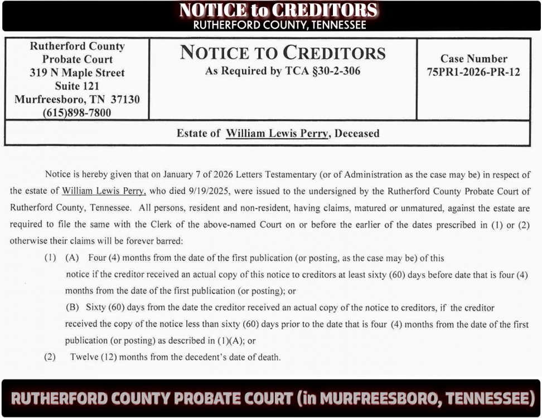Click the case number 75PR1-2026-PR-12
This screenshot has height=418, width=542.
point(473,72)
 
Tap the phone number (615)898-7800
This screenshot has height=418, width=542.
point(77,113)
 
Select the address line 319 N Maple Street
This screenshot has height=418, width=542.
point(77,72)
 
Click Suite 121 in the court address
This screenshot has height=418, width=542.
point(77,86)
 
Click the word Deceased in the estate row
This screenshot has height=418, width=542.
point(357,134)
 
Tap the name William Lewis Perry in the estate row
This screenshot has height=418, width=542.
point(277,134)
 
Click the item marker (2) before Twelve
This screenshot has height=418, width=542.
point(50,357)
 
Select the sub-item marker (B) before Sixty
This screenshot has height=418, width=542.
point(72,308)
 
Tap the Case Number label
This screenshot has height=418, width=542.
point(473,59)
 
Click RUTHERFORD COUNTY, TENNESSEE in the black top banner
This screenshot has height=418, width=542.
point(279,25)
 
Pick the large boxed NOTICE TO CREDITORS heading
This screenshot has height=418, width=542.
point(283,53)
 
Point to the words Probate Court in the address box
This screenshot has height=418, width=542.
point(77,59)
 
